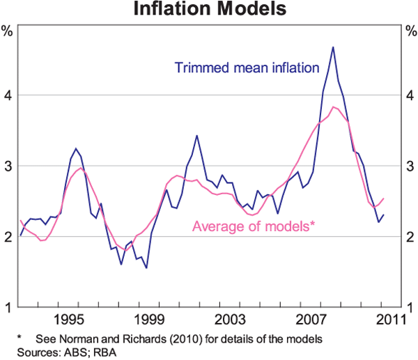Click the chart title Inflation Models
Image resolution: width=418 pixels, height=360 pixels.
coord(209,10)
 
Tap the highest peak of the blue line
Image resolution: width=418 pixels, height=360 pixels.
coord(333,47)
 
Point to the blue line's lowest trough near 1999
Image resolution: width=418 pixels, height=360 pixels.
coord(146,267)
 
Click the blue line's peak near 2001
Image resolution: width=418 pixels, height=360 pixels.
coord(196,136)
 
